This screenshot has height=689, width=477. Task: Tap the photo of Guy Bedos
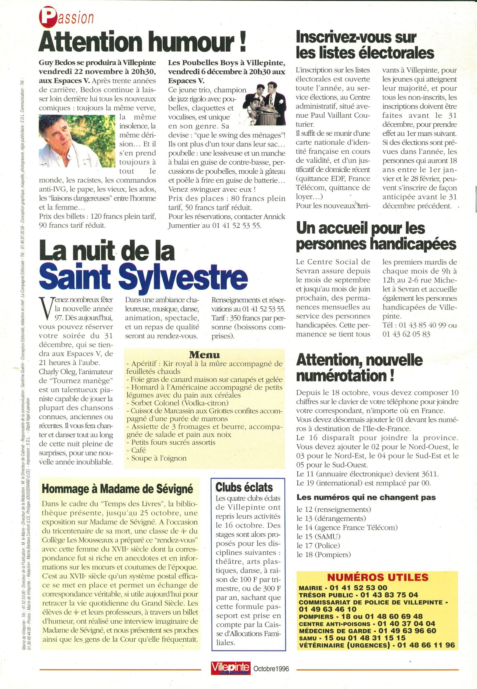[x=77, y=141]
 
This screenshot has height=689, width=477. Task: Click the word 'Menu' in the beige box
[x=204, y=355]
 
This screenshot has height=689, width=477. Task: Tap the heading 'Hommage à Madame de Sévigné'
[x=117, y=489]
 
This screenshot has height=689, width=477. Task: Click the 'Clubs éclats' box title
[x=244, y=487]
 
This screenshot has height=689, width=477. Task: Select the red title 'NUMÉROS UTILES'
[x=378, y=577]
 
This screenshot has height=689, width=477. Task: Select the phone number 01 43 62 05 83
[x=406, y=334]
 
